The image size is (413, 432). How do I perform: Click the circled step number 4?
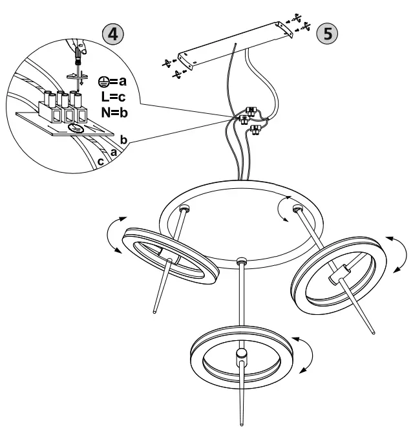tap(112, 34)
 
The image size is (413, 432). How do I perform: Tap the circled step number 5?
tap(330, 34)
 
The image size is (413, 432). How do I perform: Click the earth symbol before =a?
tap(102, 81)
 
